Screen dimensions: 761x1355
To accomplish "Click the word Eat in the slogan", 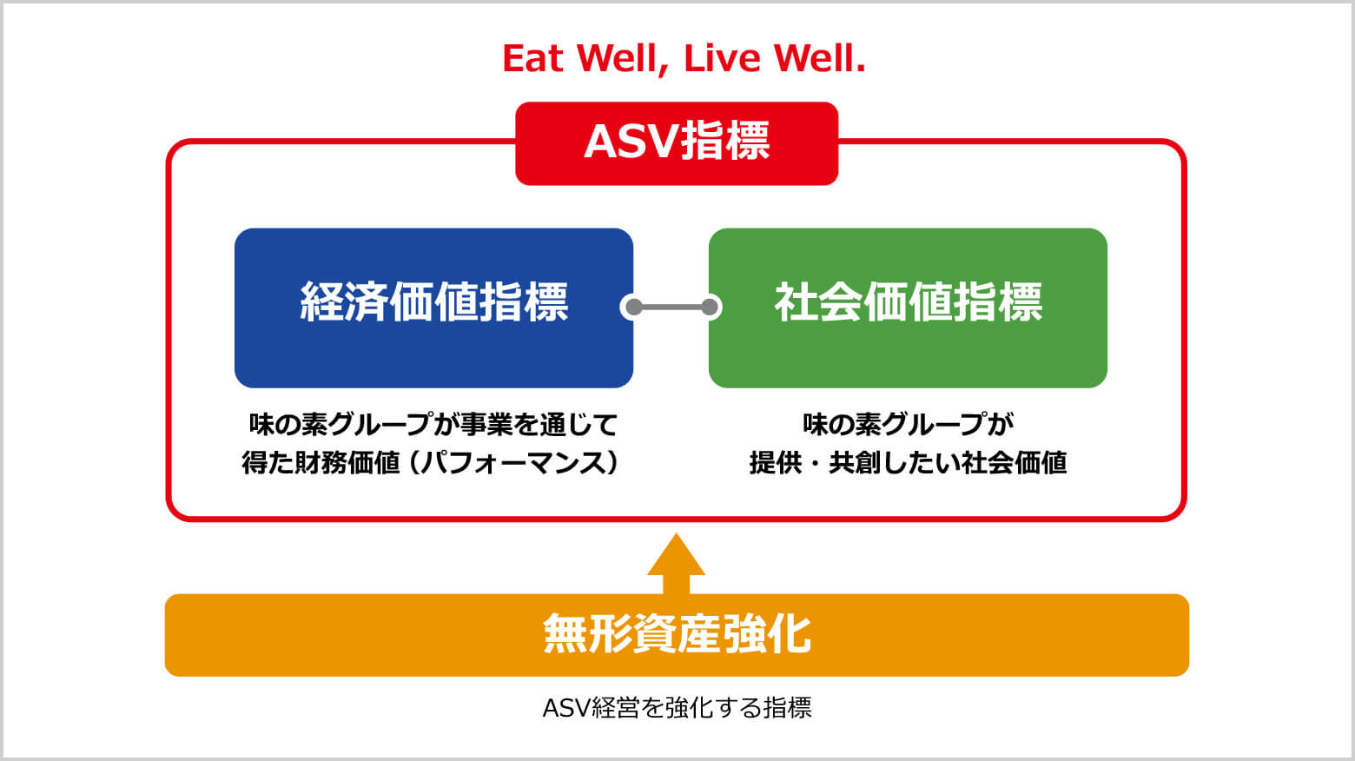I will tap(533, 59).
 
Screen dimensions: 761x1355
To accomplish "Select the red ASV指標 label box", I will tap(677, 143).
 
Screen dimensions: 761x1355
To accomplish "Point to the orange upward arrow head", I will tap(676, 556).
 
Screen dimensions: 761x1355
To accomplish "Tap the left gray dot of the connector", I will tap(634, 307).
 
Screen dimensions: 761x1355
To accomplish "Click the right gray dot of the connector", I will tap(710, 307).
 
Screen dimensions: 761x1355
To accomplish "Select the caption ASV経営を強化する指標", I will tap(677, 708).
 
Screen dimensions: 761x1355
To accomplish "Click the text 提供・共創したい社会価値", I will tap(908, 462).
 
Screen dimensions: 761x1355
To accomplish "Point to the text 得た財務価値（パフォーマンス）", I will tap(431, 462).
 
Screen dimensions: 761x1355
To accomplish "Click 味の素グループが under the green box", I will tap(908, 424).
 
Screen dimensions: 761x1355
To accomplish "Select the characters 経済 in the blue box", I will tap(344, 302).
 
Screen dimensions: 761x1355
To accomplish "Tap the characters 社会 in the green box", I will tap(818, 302).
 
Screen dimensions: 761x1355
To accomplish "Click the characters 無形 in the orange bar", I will tap(587, 634).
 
